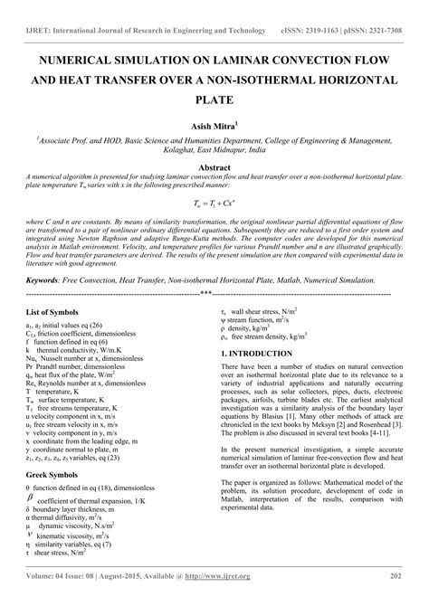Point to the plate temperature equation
pos(214,204)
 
